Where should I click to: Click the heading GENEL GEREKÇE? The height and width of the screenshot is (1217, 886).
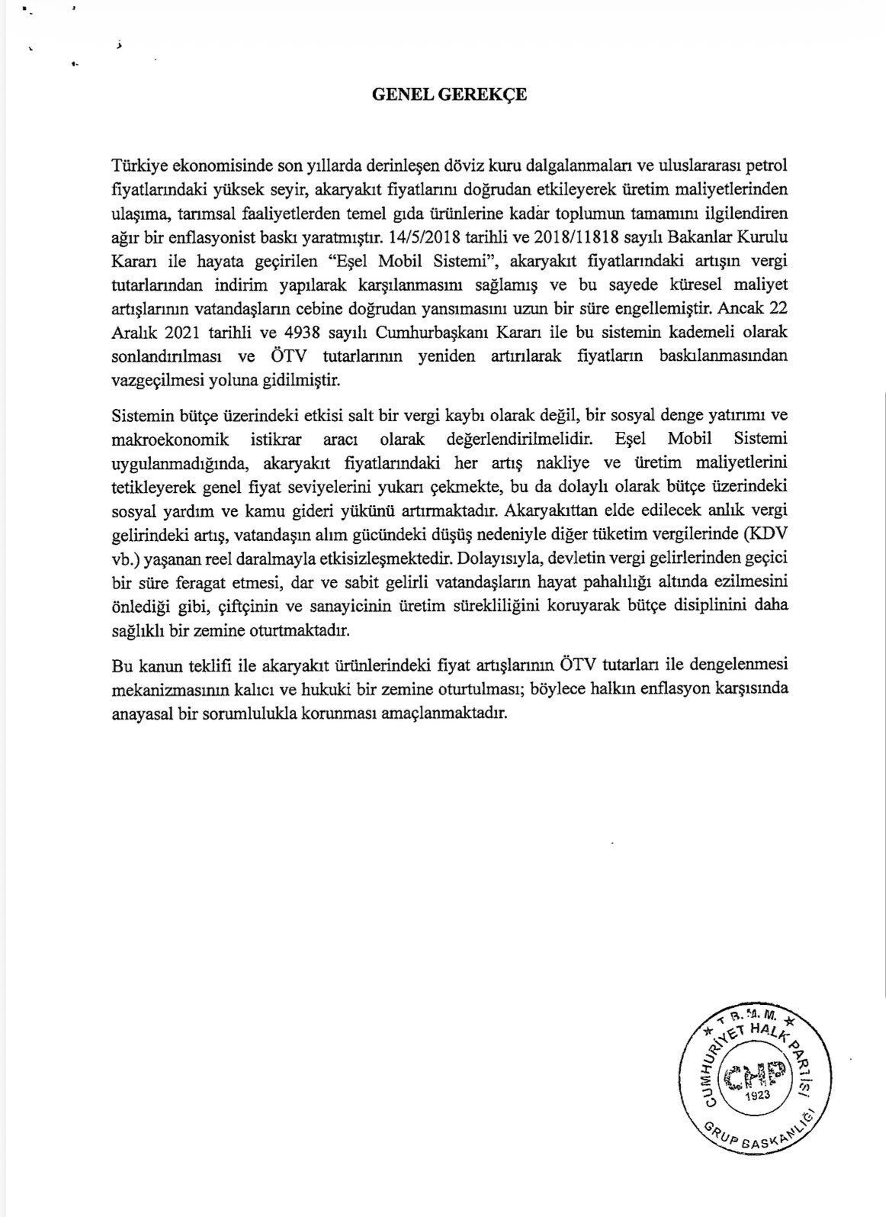pos(448,95)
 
